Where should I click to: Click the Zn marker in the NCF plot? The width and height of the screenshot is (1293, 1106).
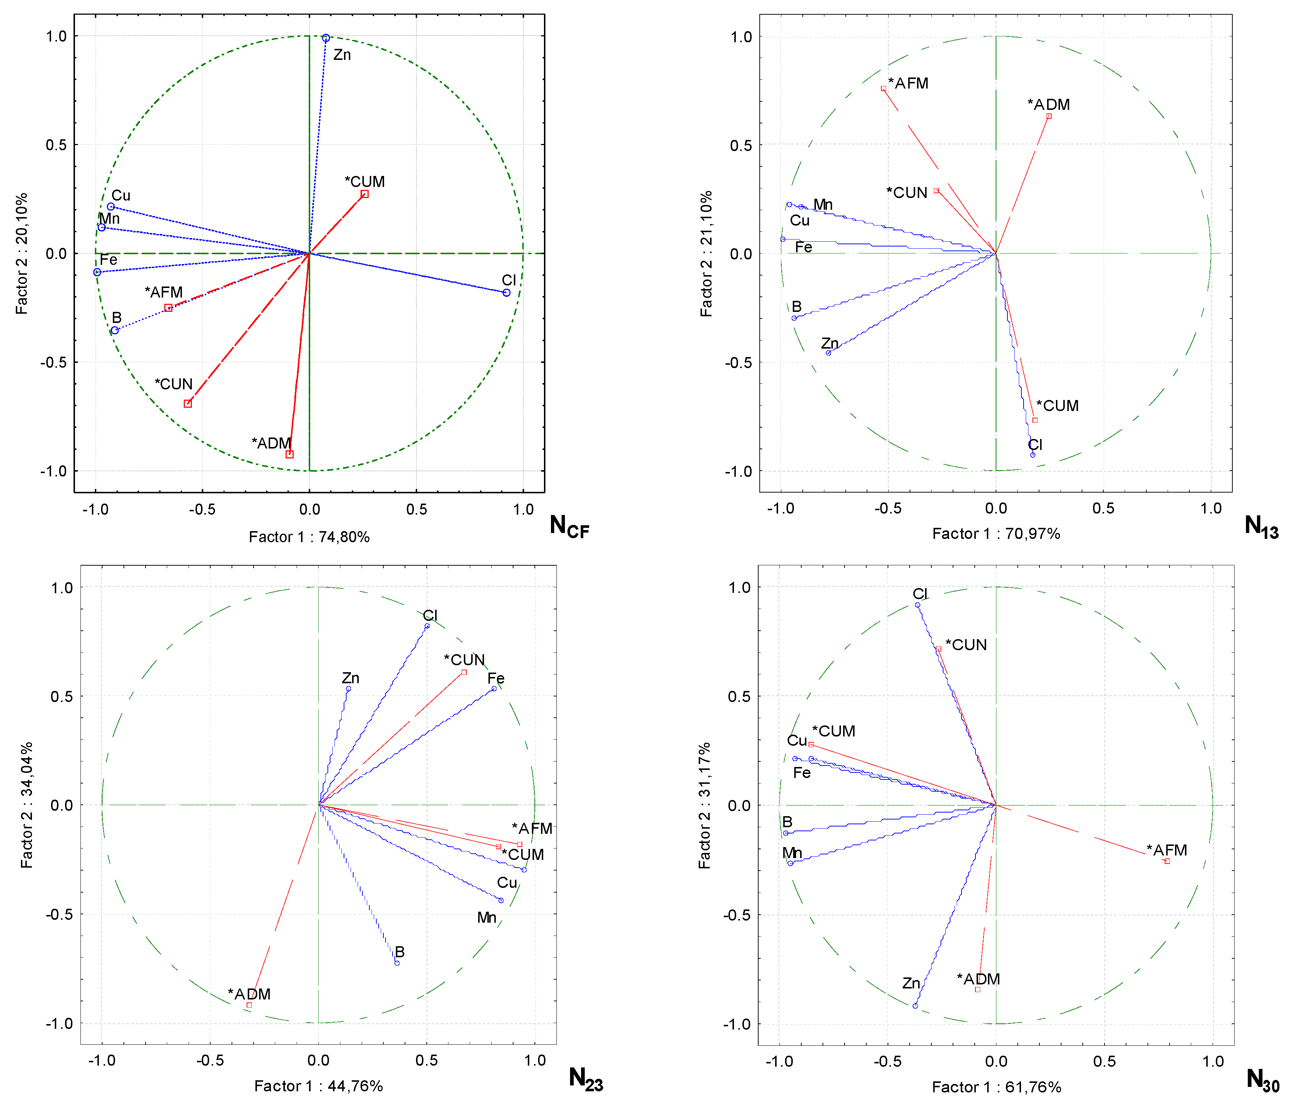(326, 38)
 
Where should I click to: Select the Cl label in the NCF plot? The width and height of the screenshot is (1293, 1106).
(509, 280)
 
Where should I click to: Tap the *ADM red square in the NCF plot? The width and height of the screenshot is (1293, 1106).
(290, 454)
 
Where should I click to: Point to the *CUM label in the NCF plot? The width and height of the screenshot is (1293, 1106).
(365, 181)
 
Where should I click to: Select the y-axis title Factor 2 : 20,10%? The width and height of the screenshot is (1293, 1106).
(22, 253)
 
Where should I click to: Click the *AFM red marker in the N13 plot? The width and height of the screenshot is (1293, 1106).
(883, 89)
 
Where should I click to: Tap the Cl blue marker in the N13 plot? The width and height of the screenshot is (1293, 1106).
(1033, 455)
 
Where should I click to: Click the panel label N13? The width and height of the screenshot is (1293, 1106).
(1261, 526)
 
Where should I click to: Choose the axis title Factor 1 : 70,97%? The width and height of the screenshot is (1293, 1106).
(996, 533)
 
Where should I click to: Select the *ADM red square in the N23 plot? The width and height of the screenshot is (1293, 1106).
(249, 1005)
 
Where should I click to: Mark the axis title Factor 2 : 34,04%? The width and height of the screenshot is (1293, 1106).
(26, 805)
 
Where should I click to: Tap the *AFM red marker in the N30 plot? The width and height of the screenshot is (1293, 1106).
(1167, 861)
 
